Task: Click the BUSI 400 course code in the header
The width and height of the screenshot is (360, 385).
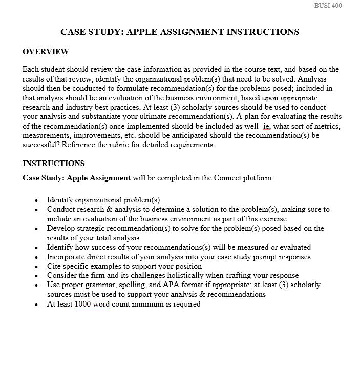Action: pos(327,6)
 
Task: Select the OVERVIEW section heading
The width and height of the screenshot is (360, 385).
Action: pos(46,52)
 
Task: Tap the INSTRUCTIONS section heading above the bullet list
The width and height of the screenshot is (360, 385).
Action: pos(54,164)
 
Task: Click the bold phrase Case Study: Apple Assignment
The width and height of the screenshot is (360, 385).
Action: pos(76,178)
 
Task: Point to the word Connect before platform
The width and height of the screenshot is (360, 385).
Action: pos(228,178)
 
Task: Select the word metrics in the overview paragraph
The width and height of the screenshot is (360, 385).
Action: pos(327,126)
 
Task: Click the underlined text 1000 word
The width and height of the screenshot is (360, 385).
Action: pos(92,304)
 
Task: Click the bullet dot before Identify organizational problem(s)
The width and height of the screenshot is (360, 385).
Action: pos(36,200)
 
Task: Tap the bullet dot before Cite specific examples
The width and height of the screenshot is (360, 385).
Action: pos(36,267)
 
